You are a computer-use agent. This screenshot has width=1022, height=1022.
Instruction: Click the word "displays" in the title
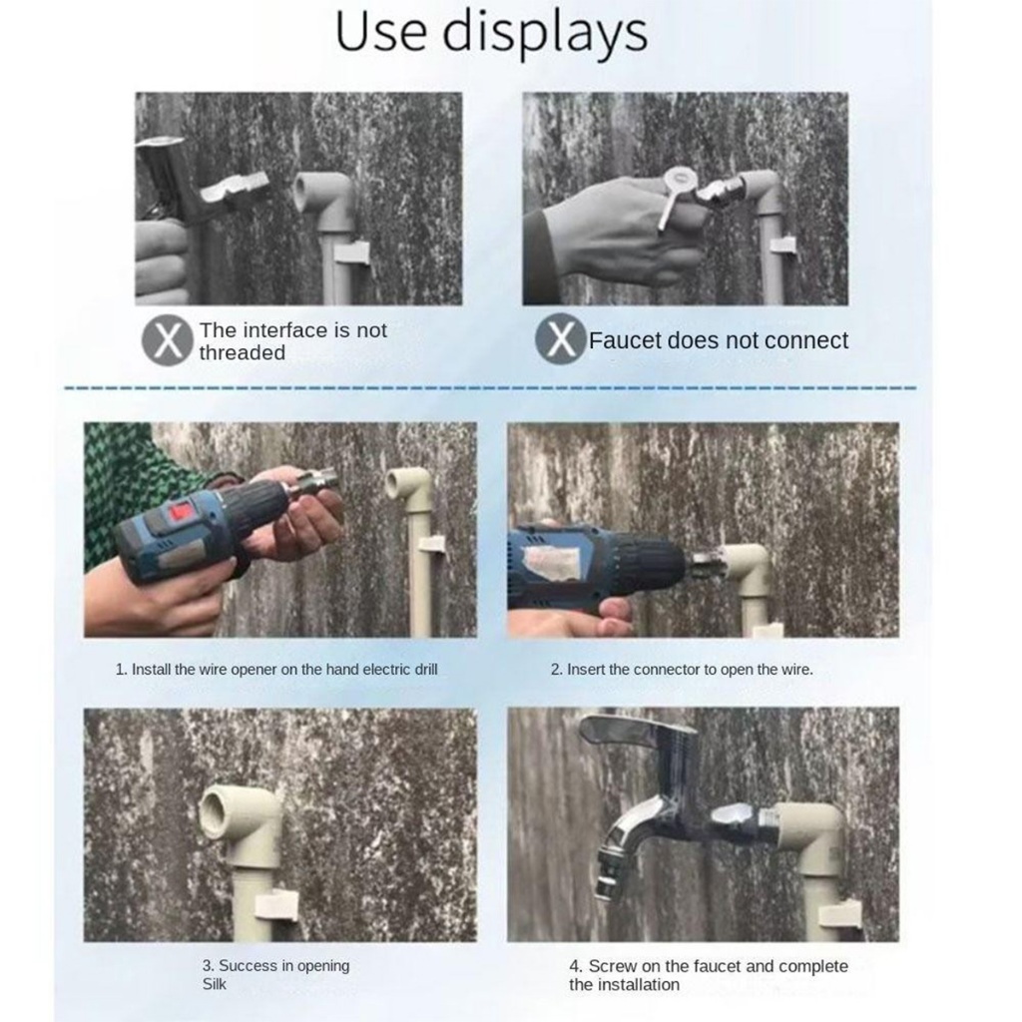(545, 33)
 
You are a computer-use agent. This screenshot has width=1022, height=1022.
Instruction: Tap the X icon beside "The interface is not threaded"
(168, 340)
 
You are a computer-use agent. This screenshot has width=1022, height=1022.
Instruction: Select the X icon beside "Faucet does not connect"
(561, 339)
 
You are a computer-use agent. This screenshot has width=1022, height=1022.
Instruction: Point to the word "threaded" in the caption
(243, 352)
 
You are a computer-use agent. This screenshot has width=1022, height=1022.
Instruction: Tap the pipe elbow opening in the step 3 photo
(216, 808)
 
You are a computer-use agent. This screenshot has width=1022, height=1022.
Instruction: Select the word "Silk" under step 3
(214, 984)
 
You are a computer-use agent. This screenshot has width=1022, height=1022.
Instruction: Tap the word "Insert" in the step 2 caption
(586, 670)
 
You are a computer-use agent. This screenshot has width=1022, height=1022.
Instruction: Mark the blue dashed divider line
(490, 388)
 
